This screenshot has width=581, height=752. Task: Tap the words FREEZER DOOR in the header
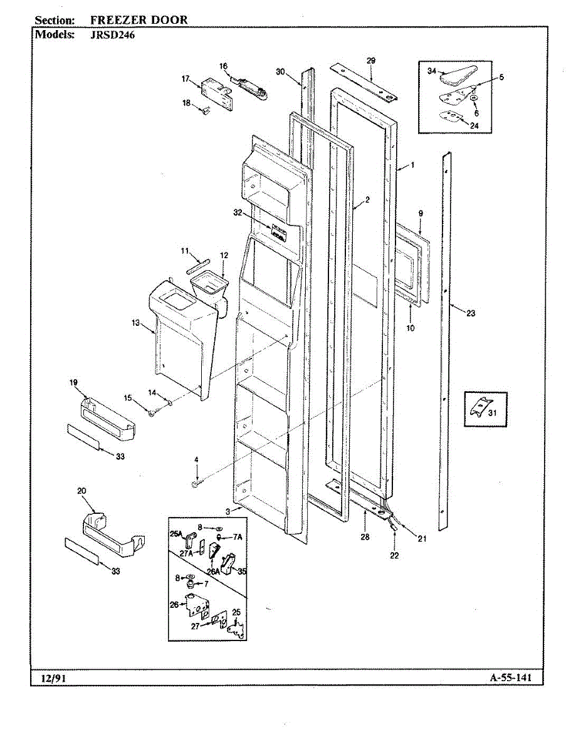(x=139, y=20)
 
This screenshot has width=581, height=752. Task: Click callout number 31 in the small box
(x=492, y=413)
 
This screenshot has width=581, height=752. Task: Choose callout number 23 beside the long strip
(x=471, y=313)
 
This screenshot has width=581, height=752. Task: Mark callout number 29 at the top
(x=370, y=61)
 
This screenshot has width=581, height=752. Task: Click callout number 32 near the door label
(x=238, y=213)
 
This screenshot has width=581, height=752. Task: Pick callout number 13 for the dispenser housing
(x=135, y=323)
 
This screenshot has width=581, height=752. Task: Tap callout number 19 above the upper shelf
(x=73, y=382)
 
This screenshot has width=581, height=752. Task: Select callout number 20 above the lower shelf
(x=81, y=491)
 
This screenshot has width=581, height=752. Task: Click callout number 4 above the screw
(x=196, y=460)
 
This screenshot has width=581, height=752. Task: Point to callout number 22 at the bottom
(x=394, y=555)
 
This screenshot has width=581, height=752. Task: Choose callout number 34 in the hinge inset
(x=431, y=71)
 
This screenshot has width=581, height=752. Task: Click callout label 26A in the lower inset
(x=212, y=572)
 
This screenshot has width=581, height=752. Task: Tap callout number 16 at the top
(x=223, y=66)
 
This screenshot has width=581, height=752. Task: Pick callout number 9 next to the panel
(x=420, y=214)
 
